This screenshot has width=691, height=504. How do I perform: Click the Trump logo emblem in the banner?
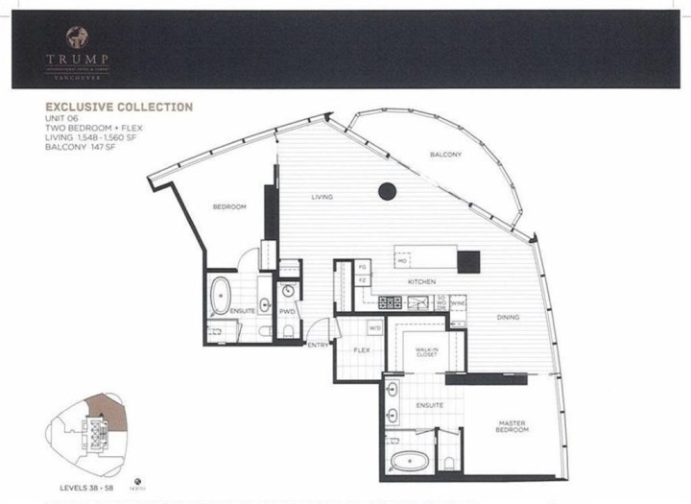(x=76, y=37)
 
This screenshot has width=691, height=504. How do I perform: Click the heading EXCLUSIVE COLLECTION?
(x=118, y=108)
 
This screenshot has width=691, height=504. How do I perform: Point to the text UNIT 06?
(x=63, y=118)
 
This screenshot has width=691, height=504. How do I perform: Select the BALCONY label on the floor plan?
(x=446, y=155)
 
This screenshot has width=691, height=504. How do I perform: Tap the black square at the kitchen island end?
(x=468, y=260)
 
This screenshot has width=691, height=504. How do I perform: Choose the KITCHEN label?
(x=422, y=281)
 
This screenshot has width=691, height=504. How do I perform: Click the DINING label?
(x=510, y=318)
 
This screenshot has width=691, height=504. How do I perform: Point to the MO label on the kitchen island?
(x=402, y=260)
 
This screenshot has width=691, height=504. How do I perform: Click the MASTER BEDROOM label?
(x=512, y=427)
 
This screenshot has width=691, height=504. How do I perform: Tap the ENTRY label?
(x=318, y=345)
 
